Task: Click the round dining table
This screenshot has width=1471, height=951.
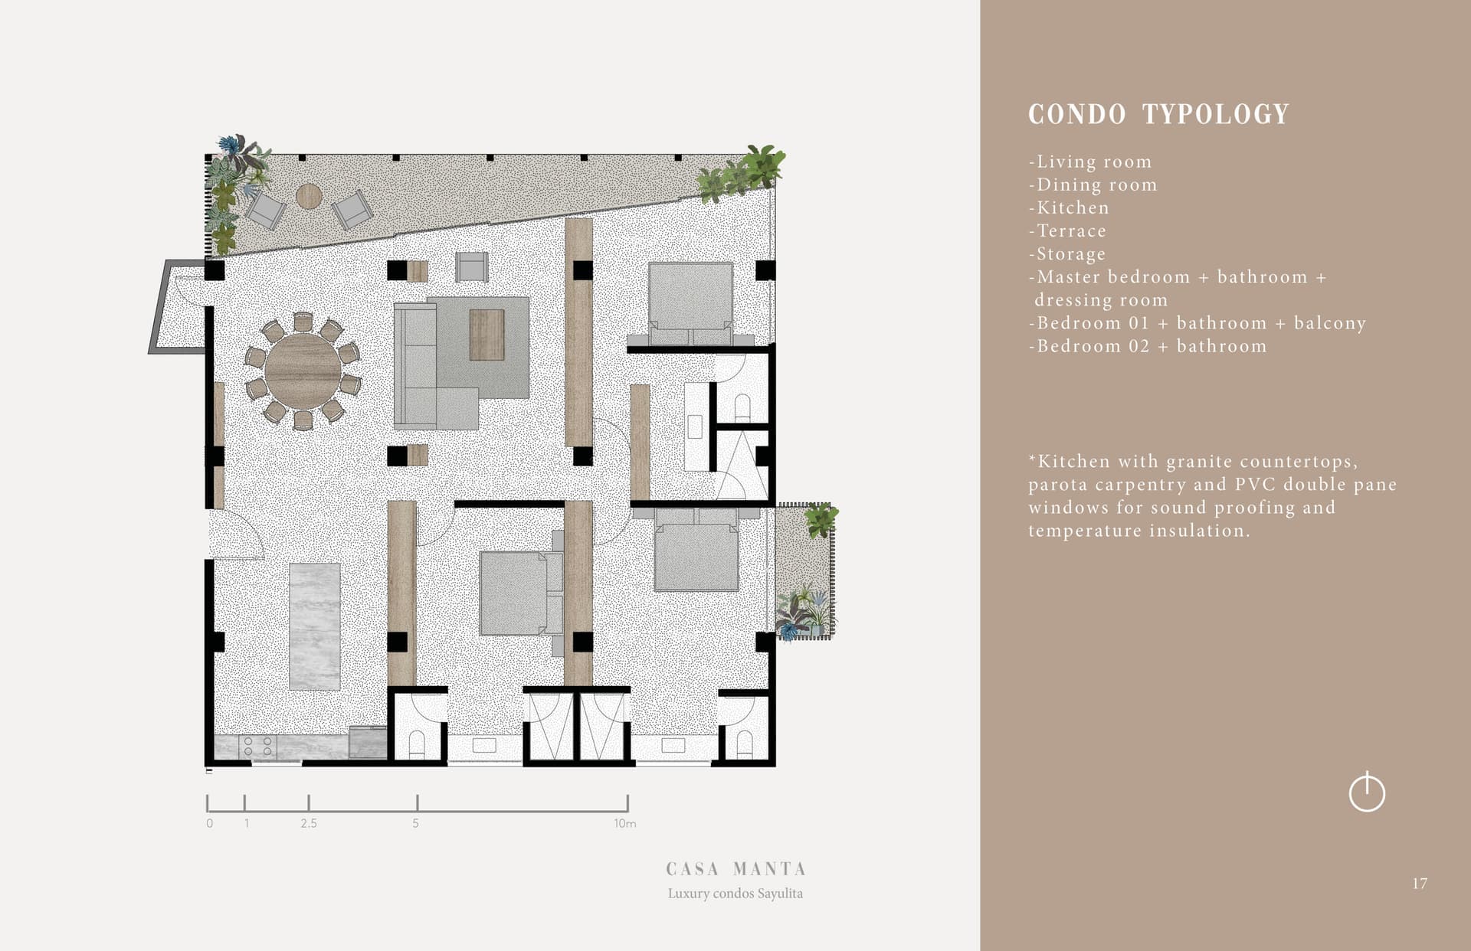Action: (303, 371)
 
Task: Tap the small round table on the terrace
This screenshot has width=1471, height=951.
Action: (309, 196)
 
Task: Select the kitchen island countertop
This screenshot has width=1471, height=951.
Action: (315, 626)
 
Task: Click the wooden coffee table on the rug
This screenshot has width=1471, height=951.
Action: (487, 335)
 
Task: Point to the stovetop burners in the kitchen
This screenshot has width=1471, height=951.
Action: (257, 747)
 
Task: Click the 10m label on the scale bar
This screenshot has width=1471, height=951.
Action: (625, 824)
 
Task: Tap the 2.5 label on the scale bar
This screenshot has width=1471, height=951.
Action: (309, 824)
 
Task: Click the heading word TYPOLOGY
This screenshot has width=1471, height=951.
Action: (1216, 114)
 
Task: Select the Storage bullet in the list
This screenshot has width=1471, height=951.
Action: (1067, 253)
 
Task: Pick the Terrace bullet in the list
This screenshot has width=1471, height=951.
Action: (1067, 230)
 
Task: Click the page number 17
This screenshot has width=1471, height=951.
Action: (1420, 884)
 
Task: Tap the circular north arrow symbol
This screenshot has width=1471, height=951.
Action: (1367, 792)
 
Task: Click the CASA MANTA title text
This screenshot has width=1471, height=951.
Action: (735, 869)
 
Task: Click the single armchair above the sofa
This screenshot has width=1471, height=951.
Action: (471, 266)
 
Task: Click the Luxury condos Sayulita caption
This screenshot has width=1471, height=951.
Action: (735, 894)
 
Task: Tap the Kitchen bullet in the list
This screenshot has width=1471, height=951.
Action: (1069, 208)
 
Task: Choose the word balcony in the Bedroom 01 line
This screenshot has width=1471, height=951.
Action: (1330, 323)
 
